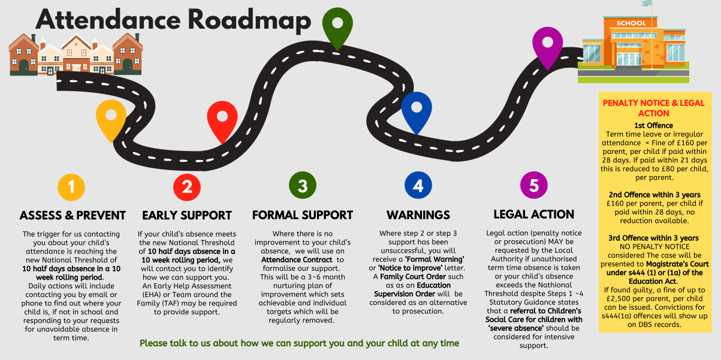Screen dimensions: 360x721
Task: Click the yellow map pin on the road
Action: point(111,116)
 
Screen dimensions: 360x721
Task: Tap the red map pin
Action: point(222,118)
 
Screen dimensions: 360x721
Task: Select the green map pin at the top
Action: point(337,25)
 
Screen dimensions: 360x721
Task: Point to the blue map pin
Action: point(417,109)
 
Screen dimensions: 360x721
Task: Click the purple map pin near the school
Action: point(548,45)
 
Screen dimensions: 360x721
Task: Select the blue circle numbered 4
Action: point(418,186)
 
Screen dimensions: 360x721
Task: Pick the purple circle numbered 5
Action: point(534,186)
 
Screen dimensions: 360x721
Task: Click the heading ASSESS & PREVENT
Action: point(73,216)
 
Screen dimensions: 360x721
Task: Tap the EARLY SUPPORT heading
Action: point(187,216)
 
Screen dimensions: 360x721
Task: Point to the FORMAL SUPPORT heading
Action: point(302,215)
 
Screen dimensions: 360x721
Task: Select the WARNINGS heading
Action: point(418,215)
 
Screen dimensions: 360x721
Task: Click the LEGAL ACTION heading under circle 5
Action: point(533,214)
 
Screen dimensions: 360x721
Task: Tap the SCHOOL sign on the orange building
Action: point(631,23)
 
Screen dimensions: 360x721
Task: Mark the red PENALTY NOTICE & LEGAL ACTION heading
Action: point(654,108)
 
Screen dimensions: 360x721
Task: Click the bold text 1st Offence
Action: point(654,125)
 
